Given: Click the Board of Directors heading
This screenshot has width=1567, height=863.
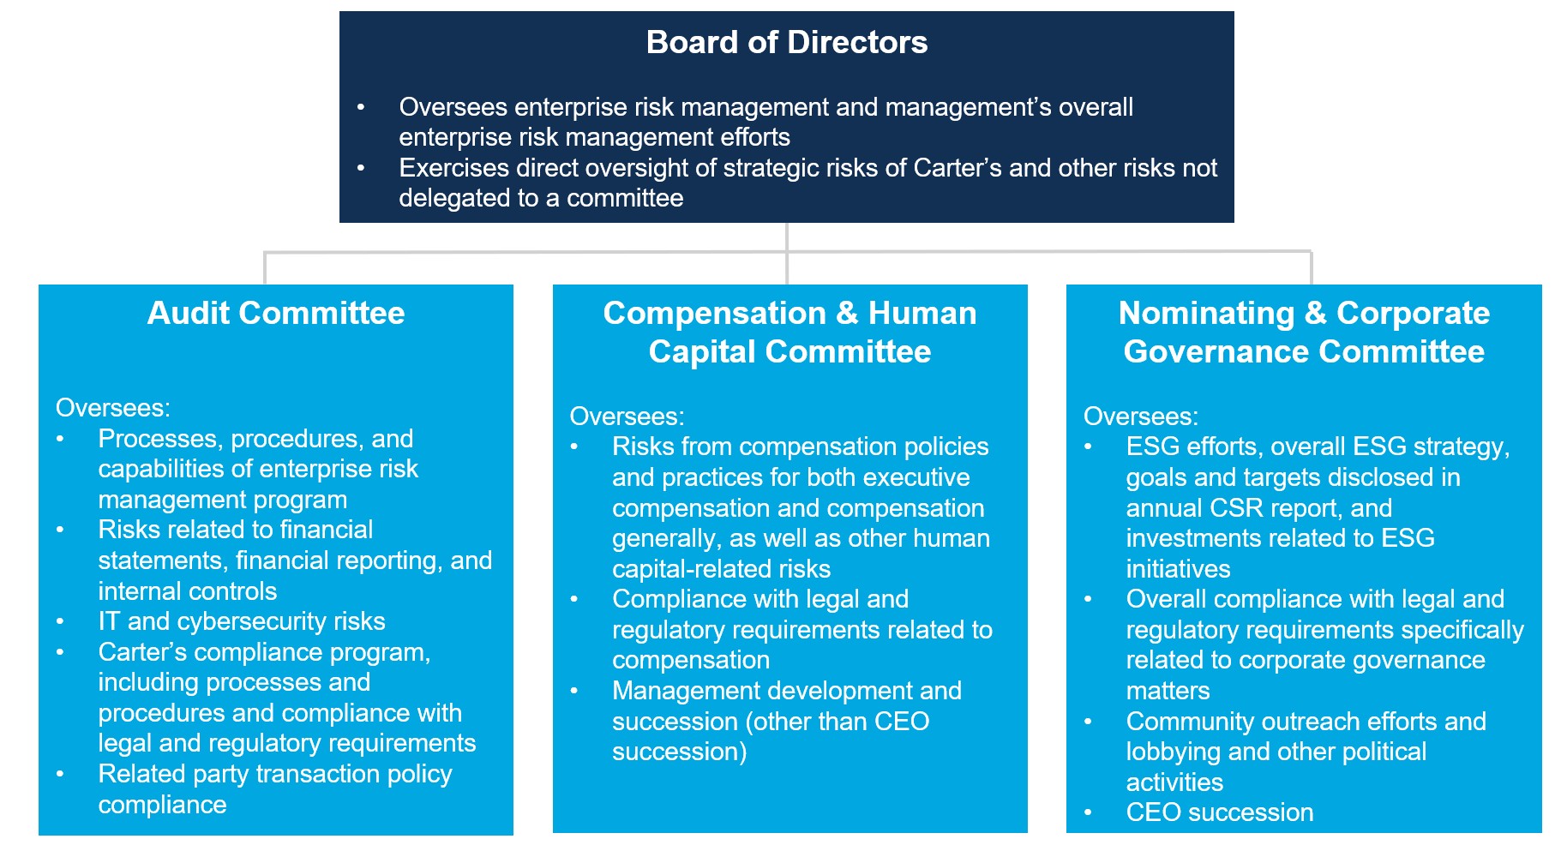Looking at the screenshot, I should pyautogui.click(x=786, y=42).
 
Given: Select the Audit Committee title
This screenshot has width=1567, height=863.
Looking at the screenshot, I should pyautogui.click(x=275, y=313).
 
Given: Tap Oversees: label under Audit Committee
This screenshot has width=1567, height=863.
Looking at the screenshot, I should pyautogui.click(x=113, y=408).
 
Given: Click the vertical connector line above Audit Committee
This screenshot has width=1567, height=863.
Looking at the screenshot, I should pyautogui.click(x=265, y=267).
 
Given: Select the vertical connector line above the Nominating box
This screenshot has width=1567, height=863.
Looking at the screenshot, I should pyautogui.click(x=1311, y=267).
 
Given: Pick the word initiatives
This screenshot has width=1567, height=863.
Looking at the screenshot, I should pyautogui.click(x=1177, y=569).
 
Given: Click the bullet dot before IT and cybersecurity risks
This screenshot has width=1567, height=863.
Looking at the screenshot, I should pyautogui.click(x=60, y=621).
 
